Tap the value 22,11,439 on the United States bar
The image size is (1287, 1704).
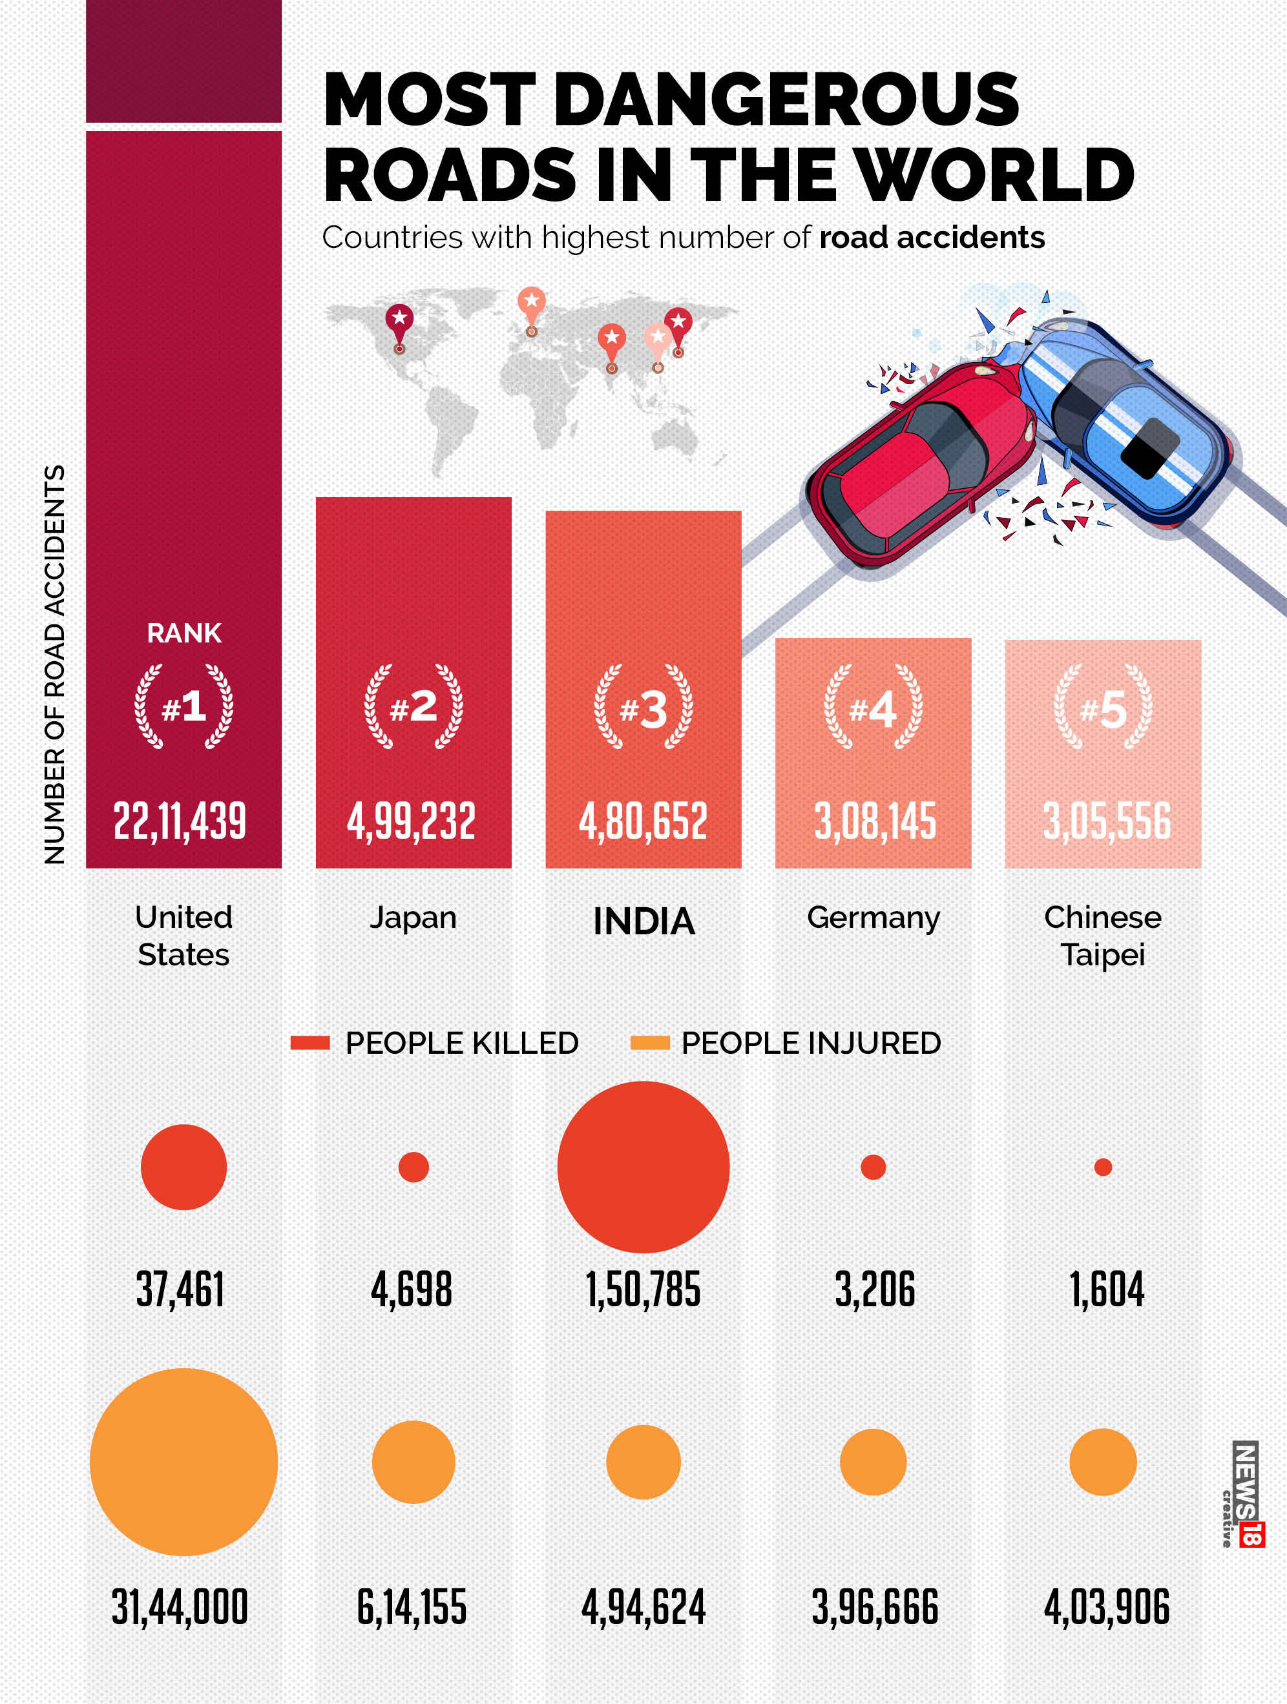(x=180, y=821)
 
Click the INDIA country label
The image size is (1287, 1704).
(x=643, y=921)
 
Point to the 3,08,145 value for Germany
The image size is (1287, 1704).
(x=875, y=821)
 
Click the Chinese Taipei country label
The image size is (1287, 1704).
(x=1103, y=935)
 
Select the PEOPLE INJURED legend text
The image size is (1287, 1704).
(x=811, y=1043)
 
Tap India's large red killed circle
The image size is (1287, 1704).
(x=643, y=1167)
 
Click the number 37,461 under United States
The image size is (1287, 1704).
(x=180, y=1289)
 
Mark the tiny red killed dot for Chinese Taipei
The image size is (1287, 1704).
(x=1103, y=1167)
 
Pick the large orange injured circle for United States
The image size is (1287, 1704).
(x=183, y=1461)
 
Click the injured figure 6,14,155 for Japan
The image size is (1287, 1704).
(x=412, y=1607)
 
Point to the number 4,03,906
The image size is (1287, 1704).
(x=1106, y=1607)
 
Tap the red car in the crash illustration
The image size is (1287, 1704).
(x=917, y=462)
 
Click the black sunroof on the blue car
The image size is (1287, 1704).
(x=1150, y=446)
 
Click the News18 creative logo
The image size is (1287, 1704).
(x=1244, y=1494)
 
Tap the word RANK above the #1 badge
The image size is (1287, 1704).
(x=184, y=633)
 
